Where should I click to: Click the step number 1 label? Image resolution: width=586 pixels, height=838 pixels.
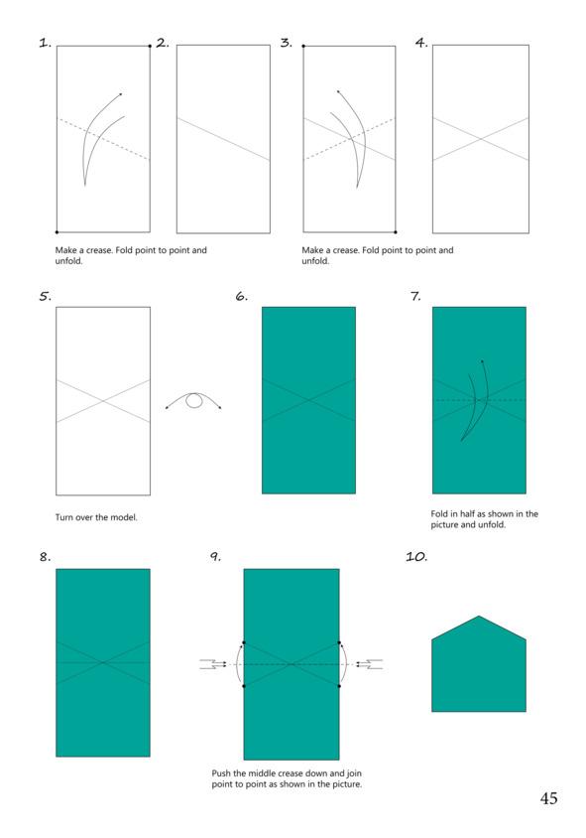pyautogui.click(x=45, y=44)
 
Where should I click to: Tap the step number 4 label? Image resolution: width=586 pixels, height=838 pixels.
pyautogui.click(x=421, y=43)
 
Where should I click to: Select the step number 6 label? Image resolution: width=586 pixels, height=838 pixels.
pyautogui.click(x=241, y=296)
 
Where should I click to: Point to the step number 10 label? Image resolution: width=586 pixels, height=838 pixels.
pyautogui.click(x=416, y=557)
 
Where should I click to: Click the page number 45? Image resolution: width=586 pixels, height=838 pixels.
pyautogui.click(x=548, y=798)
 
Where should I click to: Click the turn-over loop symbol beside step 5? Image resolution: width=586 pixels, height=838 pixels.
pyautogui.click(x=193, y=401)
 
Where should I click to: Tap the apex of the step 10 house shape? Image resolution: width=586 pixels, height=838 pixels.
pyautogui.click(x=479, y=617)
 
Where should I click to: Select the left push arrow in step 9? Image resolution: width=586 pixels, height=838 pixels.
pyautogui.click(x=213, y=664)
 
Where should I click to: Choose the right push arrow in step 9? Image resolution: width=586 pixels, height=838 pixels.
pyautogui.click(x=369, y=664)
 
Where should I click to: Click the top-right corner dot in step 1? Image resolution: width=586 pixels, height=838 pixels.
pyautogui.click(x=150, y=46)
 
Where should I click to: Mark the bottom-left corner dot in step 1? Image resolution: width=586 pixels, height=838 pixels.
pyautogui.click(x=57, y=232)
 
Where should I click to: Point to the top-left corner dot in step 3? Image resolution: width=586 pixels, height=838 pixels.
pyautogui.click(x=303, y=46)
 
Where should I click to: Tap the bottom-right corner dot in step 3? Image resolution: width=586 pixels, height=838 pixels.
pyautogui.click(x=396, y=232)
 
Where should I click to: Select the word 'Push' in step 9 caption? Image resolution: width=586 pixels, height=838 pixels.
pyautogui.click(x=221, y=773)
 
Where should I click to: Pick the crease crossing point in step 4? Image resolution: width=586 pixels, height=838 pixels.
pyautogui.click(x=480, y=139)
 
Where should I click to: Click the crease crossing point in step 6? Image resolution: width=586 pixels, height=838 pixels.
pyautogui.click(x=308, y=400)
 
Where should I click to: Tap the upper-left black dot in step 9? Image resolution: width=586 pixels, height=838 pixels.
pyautogui.click(x=244, y=642)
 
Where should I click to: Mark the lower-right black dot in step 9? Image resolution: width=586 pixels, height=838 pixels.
pyautogui.click(x=339, y=686)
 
